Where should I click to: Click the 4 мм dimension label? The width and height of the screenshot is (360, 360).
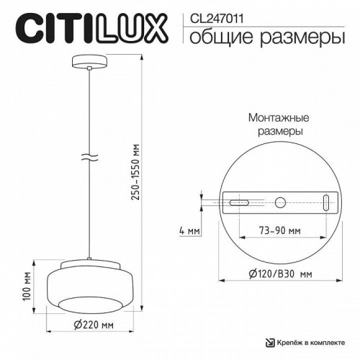[x=189, y=232]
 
